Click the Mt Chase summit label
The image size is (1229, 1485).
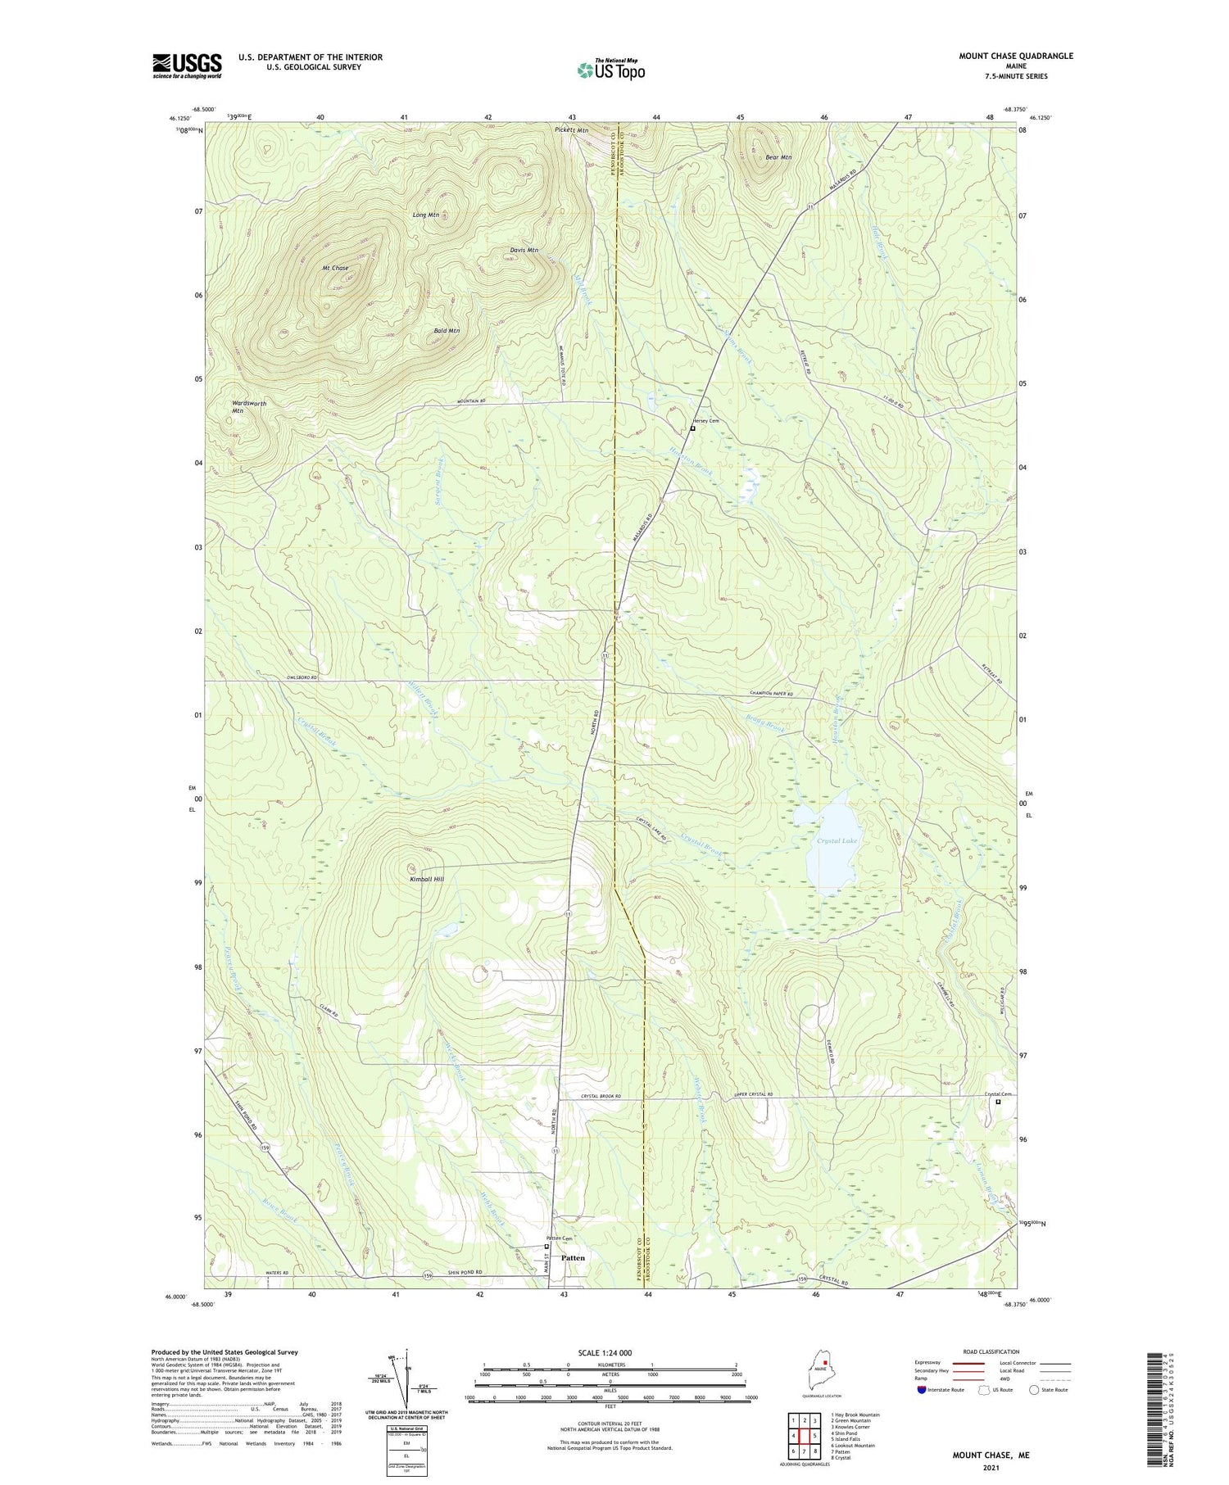coord(335,268)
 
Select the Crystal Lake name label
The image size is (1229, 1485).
coord(837,841)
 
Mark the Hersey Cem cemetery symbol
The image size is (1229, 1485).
coord(692,428)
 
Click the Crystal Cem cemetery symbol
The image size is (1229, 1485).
coord(998,1102)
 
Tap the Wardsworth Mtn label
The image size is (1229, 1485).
coord(249,407)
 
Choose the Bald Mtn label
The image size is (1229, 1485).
coord(447,331)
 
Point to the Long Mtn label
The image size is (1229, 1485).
coord(426,215)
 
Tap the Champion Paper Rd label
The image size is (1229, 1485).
coord(771,694)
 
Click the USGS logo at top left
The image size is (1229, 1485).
coord(187,66)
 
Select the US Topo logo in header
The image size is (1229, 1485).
coord(610,70)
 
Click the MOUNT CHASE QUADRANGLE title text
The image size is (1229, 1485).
coord(1015,57)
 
